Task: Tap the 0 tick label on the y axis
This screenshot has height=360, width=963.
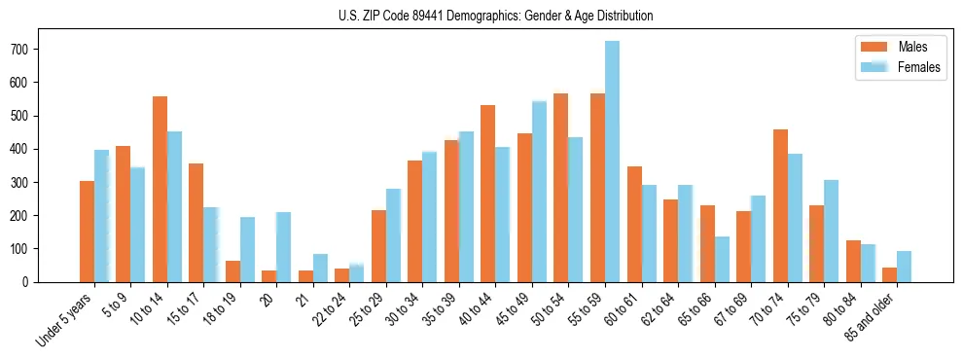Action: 31,282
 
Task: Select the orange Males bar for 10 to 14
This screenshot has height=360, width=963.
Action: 160,190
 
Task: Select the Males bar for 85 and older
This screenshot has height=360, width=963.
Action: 889,274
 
